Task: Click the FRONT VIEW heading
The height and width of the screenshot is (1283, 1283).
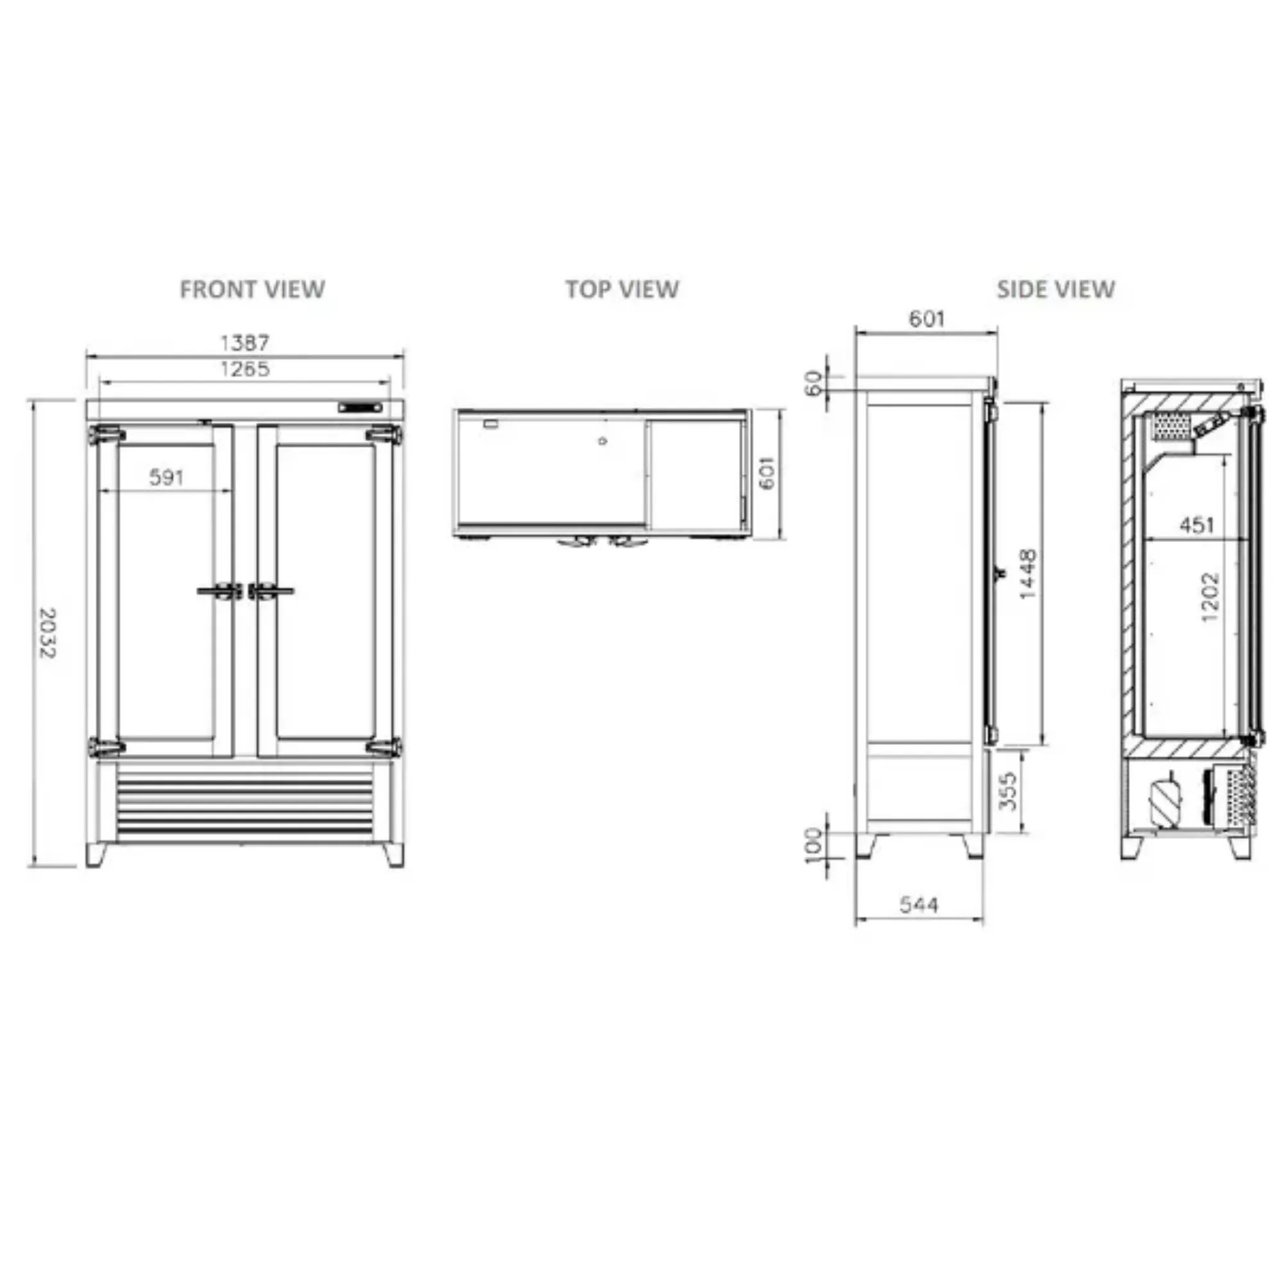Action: (x=252, y=289)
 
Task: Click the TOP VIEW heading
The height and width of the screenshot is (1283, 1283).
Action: (x=622, y=289)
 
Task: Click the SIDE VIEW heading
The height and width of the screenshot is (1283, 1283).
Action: (x=1055, y=289)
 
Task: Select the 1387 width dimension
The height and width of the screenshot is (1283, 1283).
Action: (x=244, y=343)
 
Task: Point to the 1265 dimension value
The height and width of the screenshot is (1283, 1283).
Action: (x=244, y=369)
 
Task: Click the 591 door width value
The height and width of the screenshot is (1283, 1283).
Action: (x=166, y=477)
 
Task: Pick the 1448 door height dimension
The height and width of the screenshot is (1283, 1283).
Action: (x=1027, y=574)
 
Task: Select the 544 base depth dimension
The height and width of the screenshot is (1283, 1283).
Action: (x=919, y=905)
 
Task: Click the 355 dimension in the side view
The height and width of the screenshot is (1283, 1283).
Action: (x=1007, y=790)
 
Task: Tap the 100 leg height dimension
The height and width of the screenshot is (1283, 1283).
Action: (x=813, y=845)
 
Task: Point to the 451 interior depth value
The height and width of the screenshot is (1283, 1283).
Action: (x=1196, y=525)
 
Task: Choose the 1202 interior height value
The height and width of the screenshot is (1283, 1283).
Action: (x=1210, y=597)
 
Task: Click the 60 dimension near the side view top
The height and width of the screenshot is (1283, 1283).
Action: (x=813, y=383)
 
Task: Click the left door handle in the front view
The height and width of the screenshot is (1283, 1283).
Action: (x=219, y=590)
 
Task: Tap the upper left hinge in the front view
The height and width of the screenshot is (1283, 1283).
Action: (x=106, y=435)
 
